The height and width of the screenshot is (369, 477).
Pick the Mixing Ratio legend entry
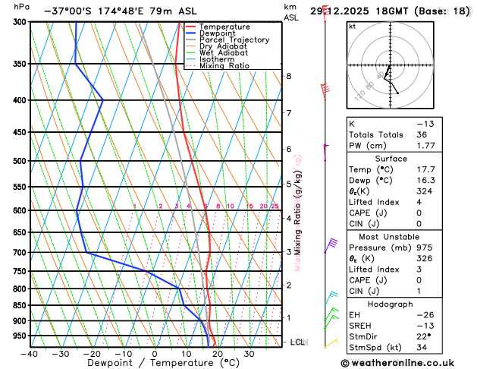(x=228, y=66)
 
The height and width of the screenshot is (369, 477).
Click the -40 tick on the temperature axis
(x=30, y=355)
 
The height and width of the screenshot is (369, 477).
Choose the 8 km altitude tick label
(x=288, y=76)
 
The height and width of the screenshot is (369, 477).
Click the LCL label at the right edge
(x=297, y=342)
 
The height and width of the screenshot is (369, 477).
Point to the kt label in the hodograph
(x=353, y=26)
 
